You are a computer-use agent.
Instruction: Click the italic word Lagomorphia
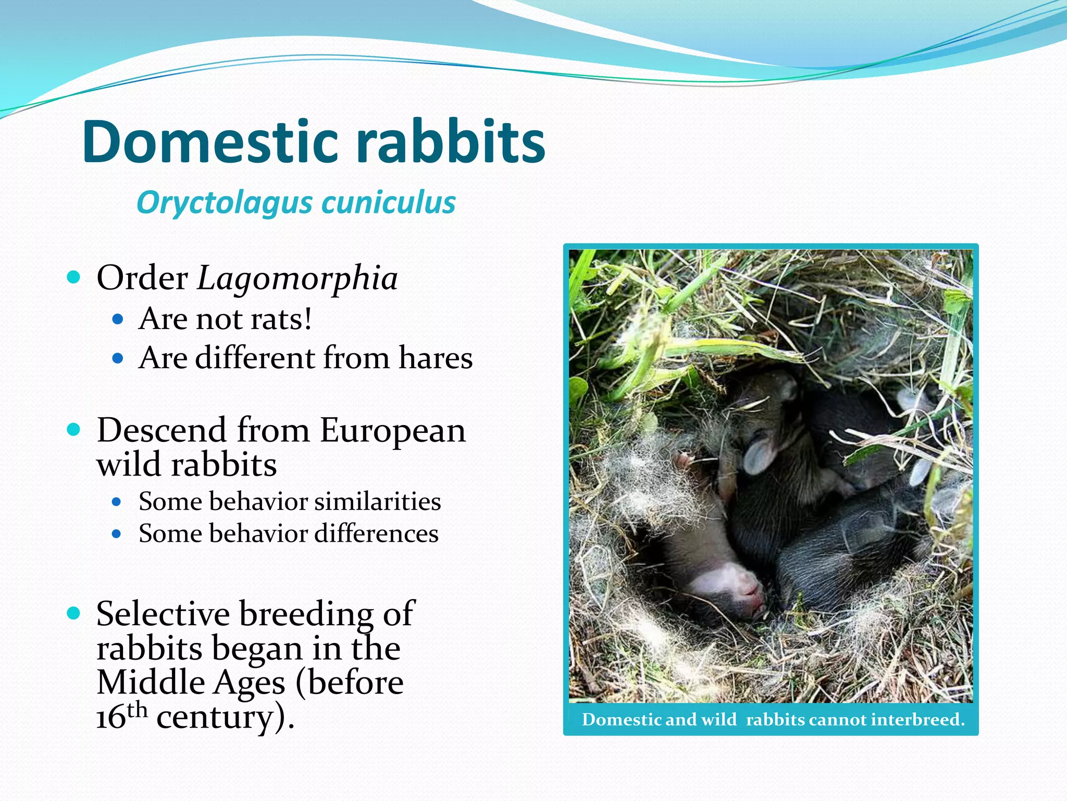(x=297, y=278)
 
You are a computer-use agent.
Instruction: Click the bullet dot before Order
(x=74, y=277)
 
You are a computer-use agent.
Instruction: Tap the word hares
(x=436, y=358)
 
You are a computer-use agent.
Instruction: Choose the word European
(x=392, y=431)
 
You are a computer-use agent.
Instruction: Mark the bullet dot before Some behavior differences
(x=117, y=534)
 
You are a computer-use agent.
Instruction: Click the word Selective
(x=163, y=614)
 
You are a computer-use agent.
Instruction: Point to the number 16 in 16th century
(x=111, y=719)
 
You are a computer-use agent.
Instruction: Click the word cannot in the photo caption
(x=838, y=720)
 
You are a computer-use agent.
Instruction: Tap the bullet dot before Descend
(x=74, y=430)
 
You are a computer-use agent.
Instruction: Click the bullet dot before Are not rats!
(x=118, y=319)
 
